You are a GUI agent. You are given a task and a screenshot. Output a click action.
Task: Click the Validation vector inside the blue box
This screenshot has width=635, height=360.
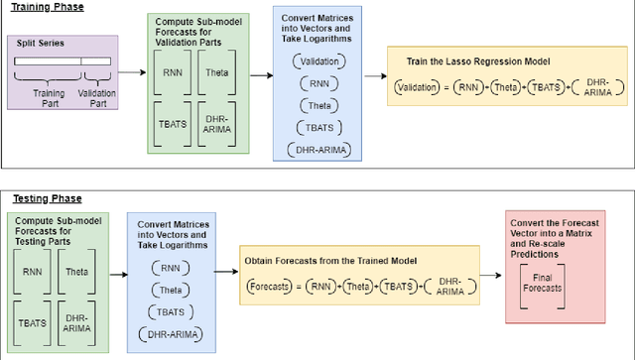[318, 61]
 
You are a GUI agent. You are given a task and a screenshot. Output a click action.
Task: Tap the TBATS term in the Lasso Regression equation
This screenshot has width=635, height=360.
[543, 88]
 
